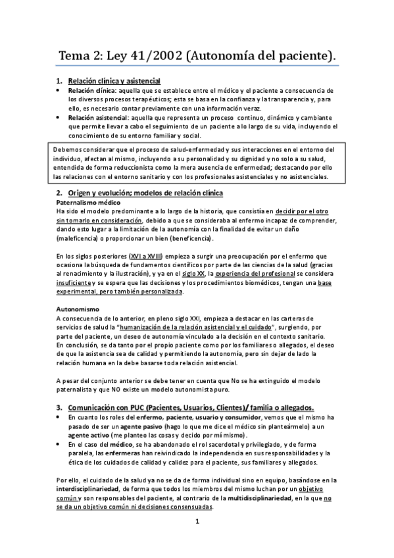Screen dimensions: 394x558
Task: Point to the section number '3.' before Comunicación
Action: [x=59, y=407]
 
